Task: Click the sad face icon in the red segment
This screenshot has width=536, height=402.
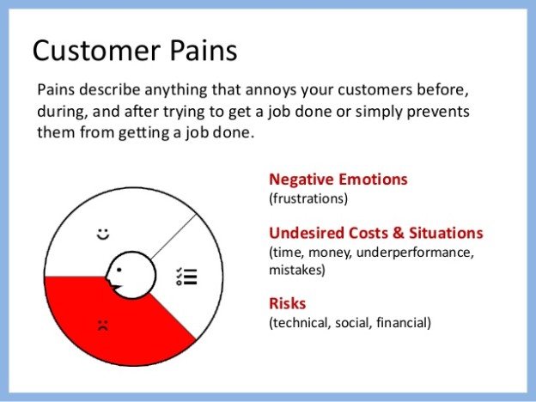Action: click(103, 326)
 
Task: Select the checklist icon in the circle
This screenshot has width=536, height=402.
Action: click(186, 276)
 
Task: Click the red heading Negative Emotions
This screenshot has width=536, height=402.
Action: click(338, 180)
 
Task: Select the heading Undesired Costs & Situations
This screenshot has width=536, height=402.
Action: click(375, 234)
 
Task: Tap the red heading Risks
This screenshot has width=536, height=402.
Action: click(288, 304)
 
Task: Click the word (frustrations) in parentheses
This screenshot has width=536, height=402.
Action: click(308, 198)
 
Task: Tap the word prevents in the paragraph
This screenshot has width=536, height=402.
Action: click(442, 112)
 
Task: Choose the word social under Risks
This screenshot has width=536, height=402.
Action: click(353, 323)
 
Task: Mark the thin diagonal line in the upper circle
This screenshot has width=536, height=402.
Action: click(176, 233)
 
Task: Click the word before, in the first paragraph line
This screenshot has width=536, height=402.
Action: click(447, 90)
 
